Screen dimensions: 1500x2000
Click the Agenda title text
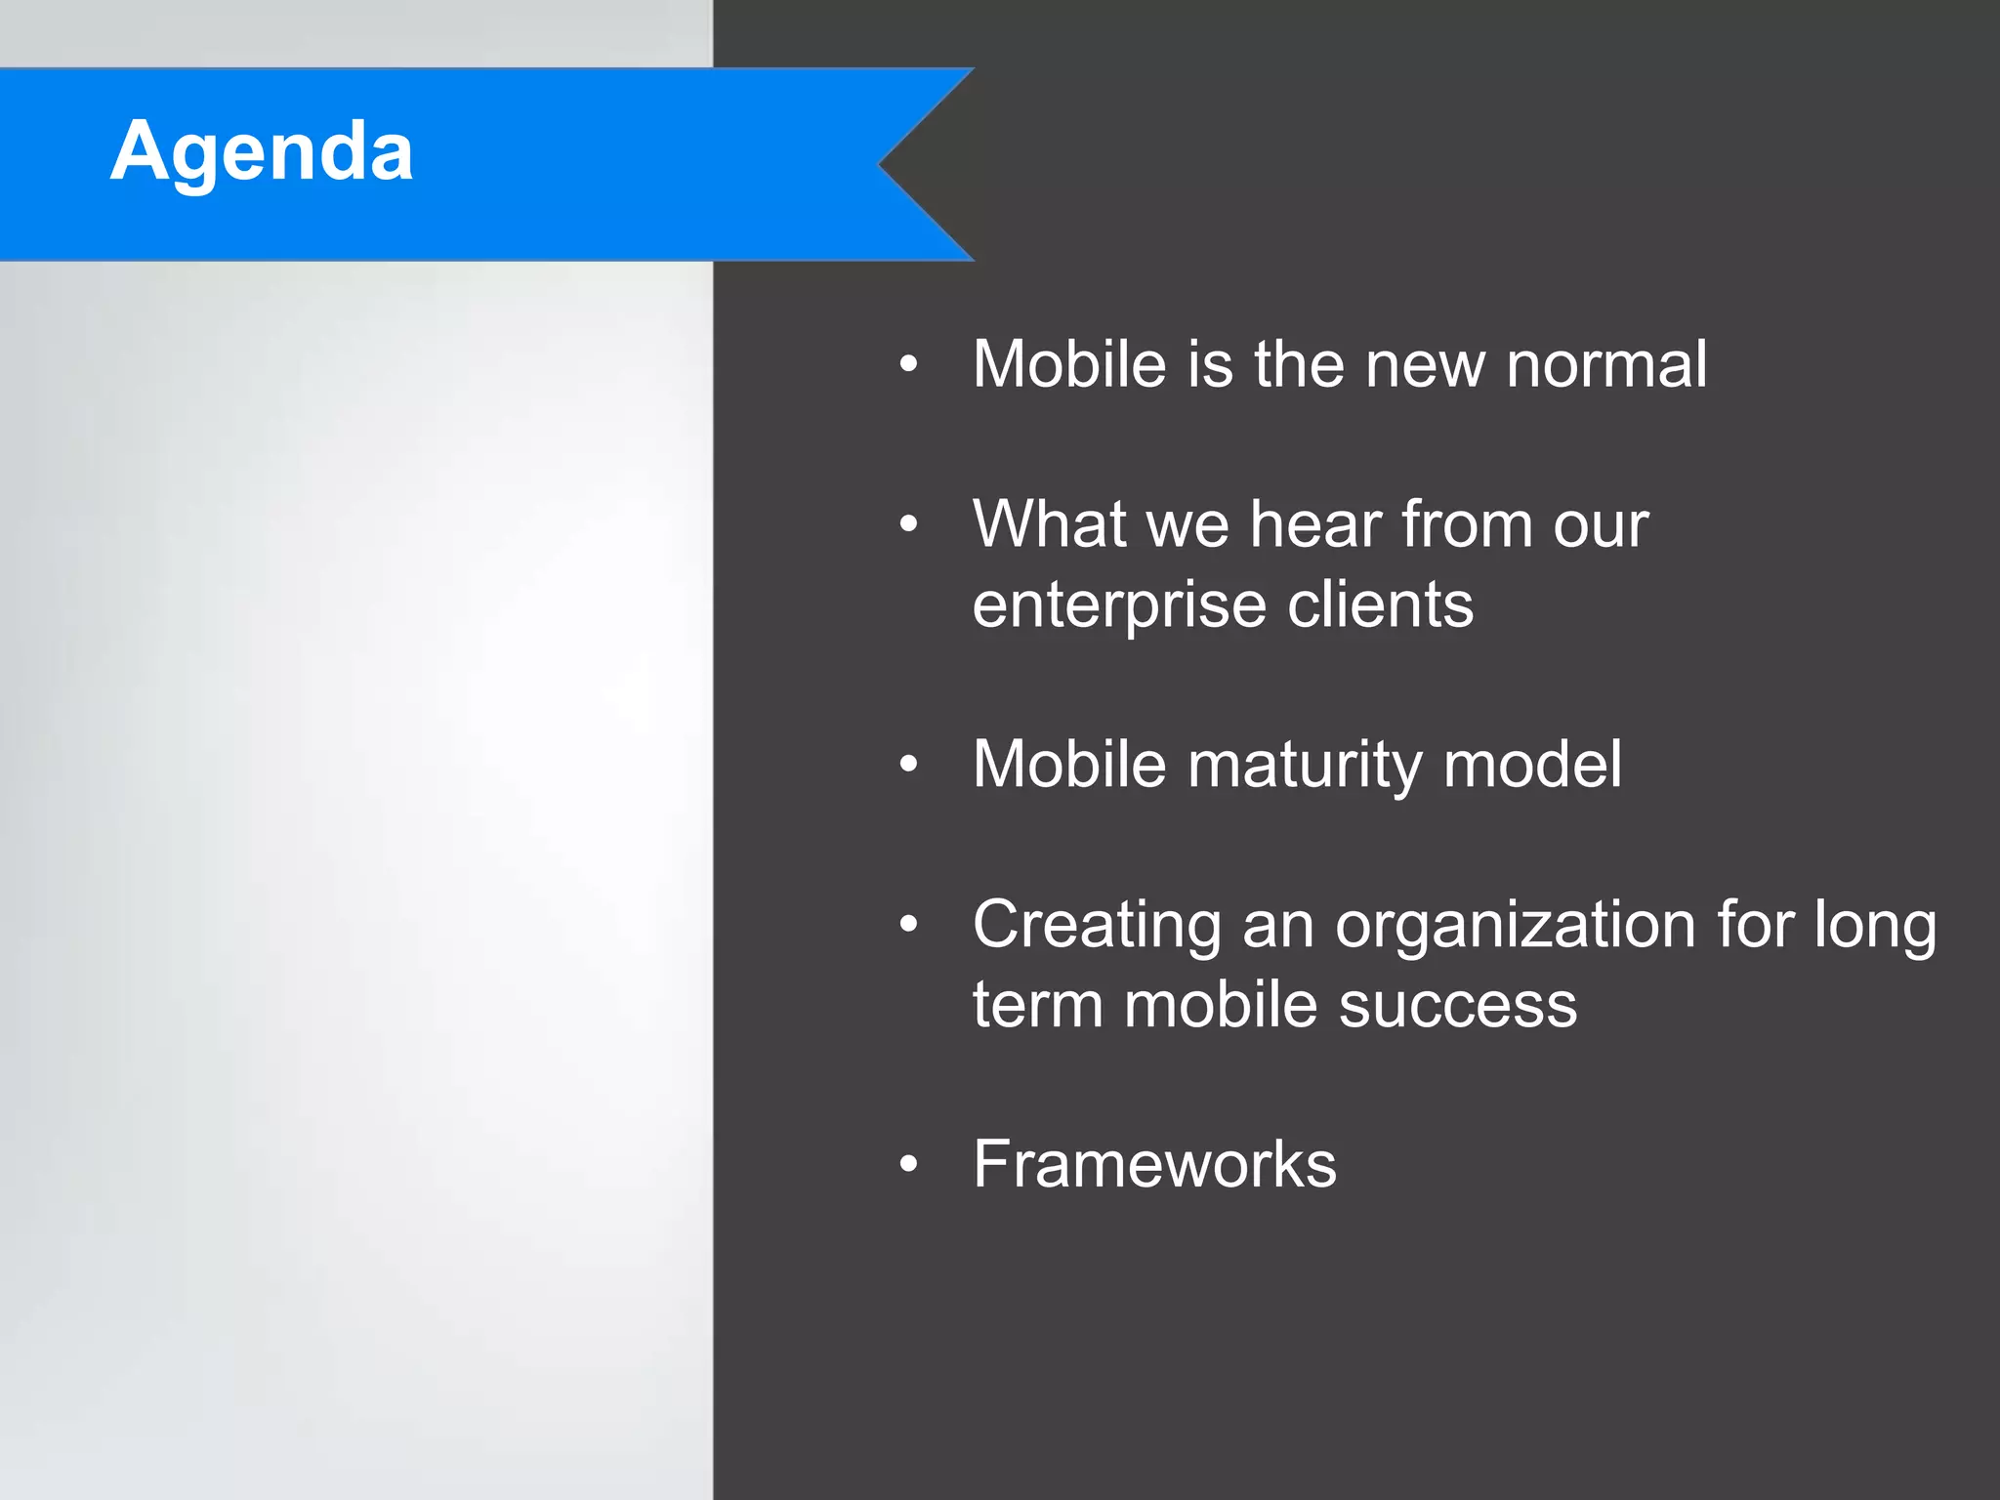tap(262, 151)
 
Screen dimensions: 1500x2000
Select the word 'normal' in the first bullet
tap(1606, 364)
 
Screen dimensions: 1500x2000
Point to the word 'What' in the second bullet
tap(1049, 524)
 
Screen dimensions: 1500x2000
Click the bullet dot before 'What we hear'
tap(909, 524)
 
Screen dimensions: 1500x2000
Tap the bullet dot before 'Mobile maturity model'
tap(909, 765)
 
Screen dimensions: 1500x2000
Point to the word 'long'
tap(1875, 926)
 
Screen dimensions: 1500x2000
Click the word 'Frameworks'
tap(1154, 1164)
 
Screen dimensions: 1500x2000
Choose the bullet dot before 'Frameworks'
tap(909, 1164)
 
